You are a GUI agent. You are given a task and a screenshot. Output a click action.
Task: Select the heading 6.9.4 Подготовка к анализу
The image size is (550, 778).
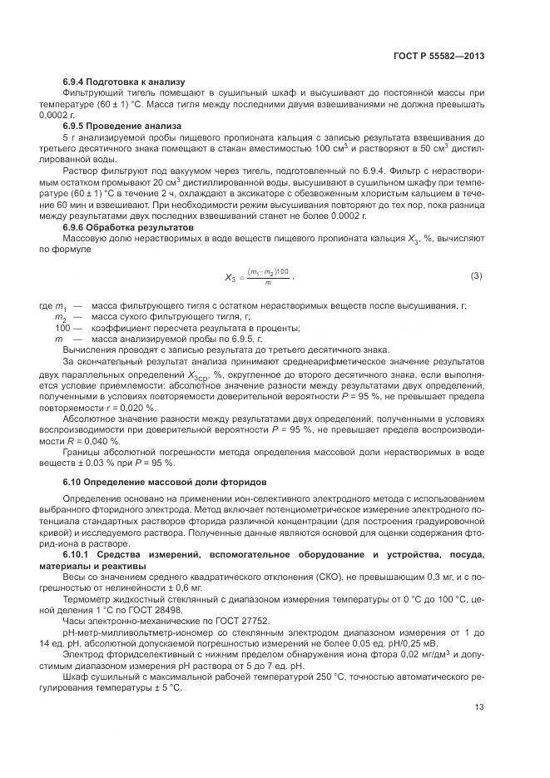(116, 82)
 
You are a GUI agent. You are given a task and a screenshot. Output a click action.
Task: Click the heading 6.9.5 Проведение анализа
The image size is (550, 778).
(115, 126)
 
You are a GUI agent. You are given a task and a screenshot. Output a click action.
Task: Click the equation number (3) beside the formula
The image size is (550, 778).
(476, 275)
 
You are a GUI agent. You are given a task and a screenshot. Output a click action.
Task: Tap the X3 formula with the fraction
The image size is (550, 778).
(259, 277)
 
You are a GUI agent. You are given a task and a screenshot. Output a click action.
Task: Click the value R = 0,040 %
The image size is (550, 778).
(87, 441)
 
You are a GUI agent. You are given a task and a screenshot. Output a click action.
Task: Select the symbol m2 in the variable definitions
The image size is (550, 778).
(60, 319)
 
